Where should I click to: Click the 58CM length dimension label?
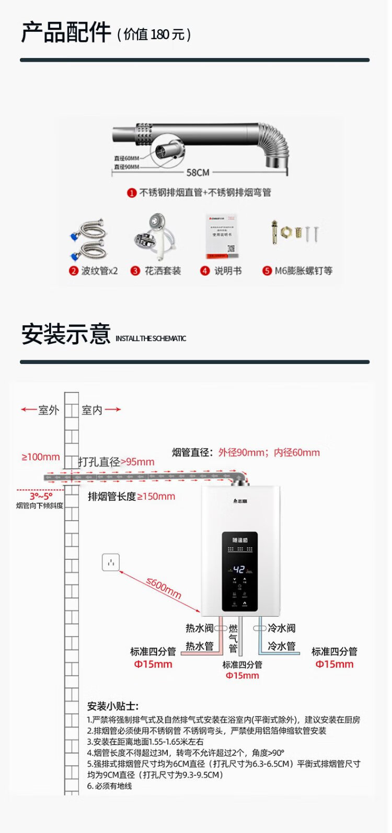198,172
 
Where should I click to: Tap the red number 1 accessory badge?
132,193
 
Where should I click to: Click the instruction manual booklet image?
221,236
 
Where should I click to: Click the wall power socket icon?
111,562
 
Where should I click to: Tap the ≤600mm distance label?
164,588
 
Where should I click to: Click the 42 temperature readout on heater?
239,569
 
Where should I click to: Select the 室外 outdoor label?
49,410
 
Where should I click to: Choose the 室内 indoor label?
92,410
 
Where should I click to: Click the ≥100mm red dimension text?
41,457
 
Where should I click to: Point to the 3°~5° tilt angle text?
41,496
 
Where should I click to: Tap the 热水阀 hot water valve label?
200,628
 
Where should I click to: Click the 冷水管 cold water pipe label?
282,646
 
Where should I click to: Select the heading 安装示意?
66,334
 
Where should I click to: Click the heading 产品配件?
66,32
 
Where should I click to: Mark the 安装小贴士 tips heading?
113,706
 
